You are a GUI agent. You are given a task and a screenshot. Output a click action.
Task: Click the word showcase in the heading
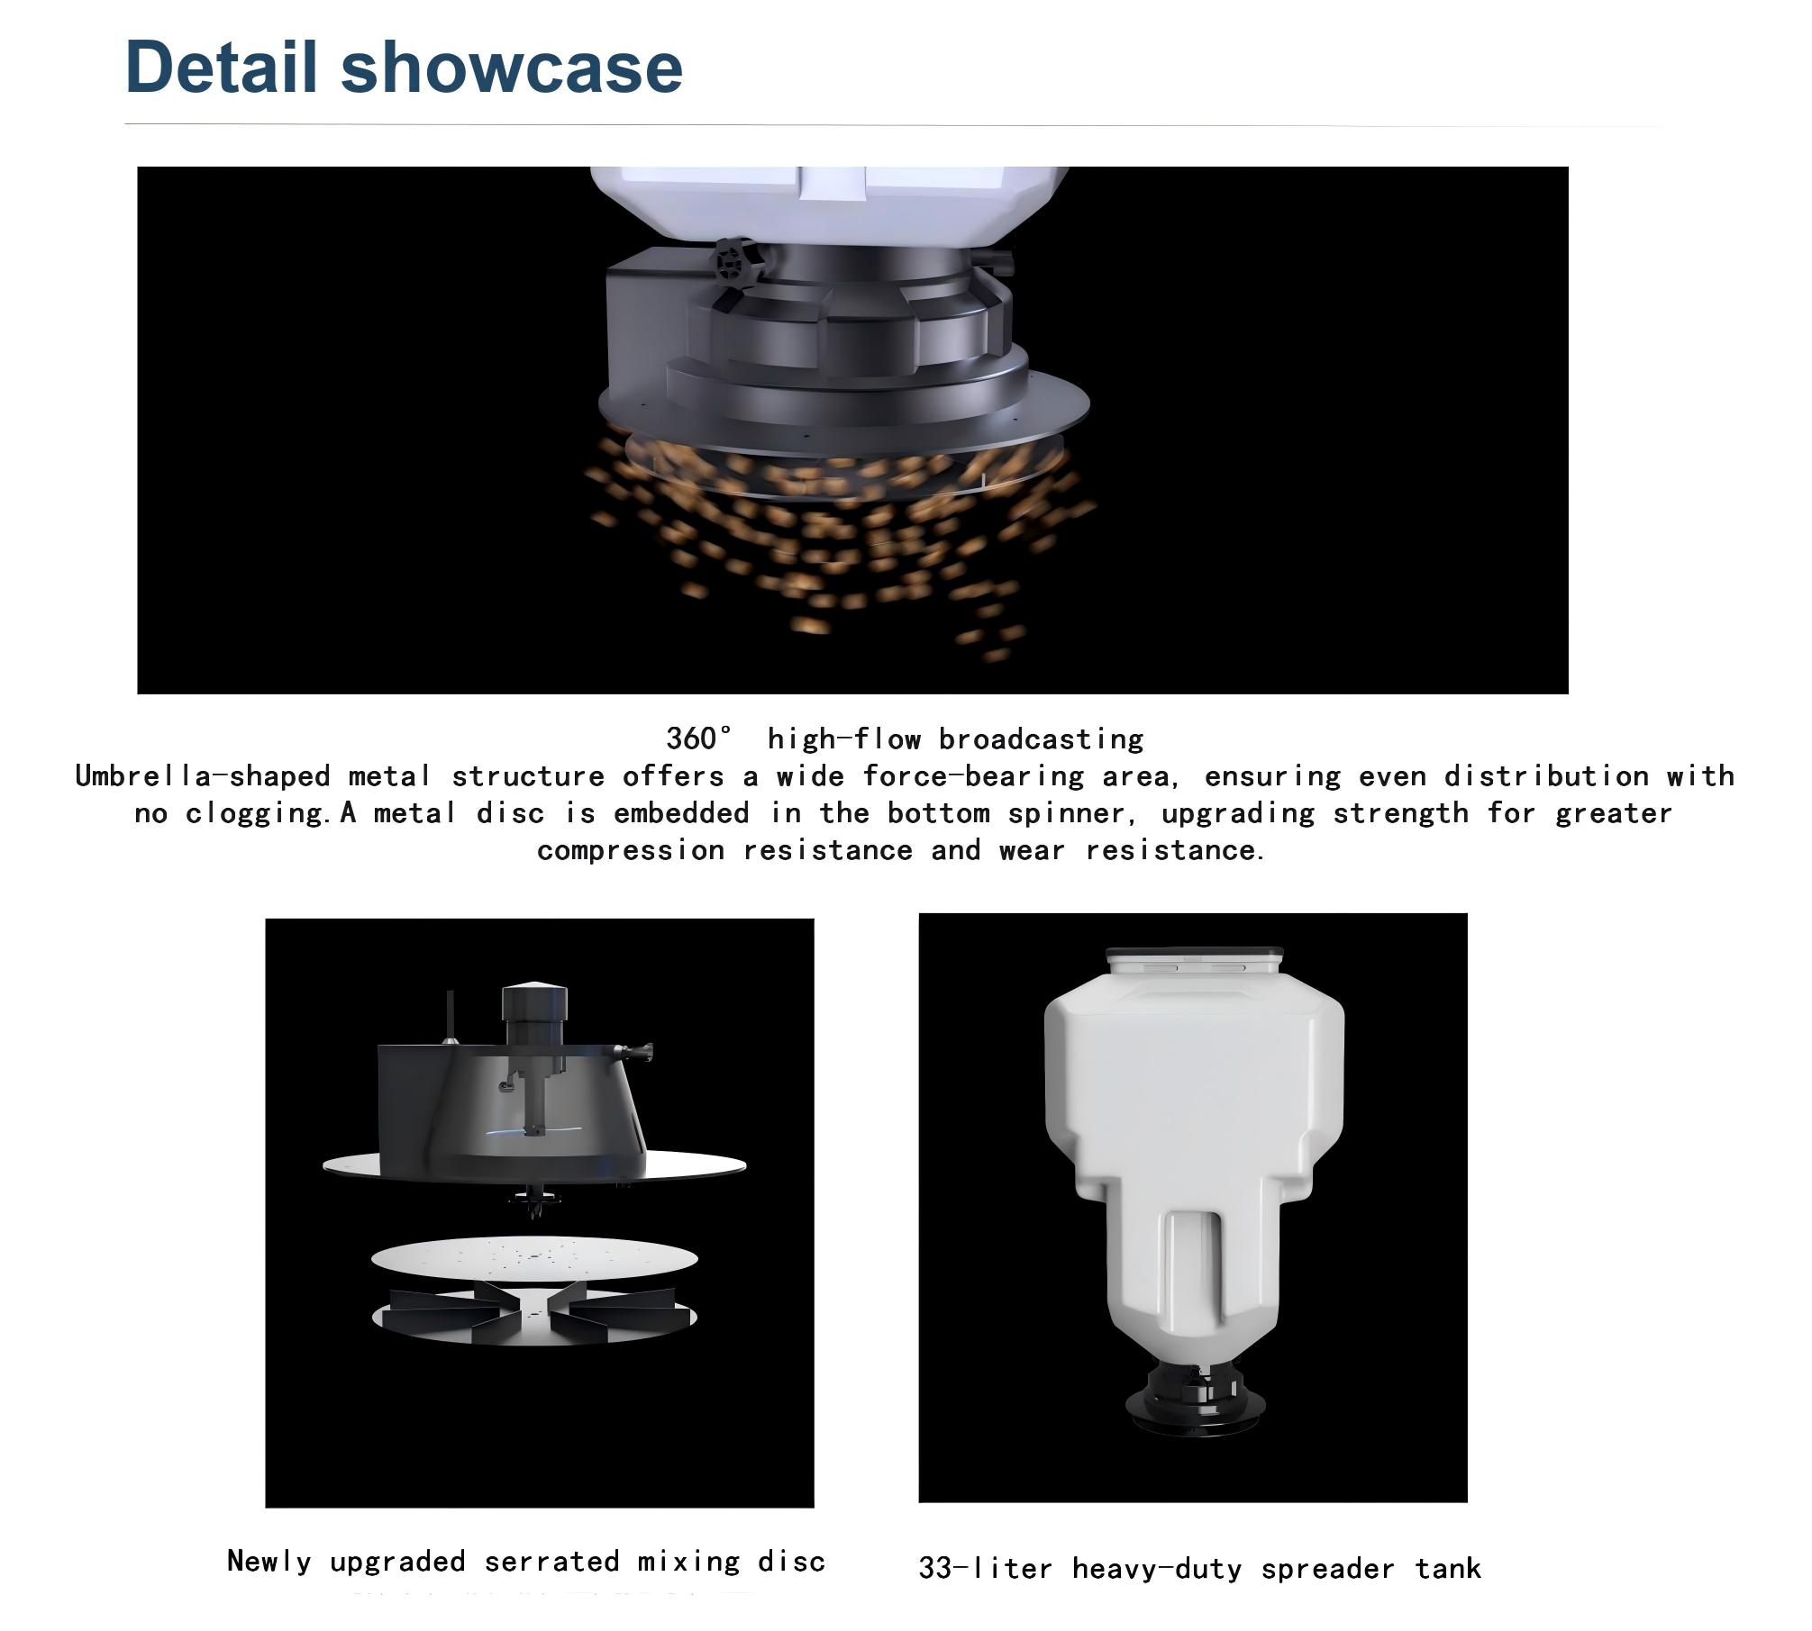click(512, 66)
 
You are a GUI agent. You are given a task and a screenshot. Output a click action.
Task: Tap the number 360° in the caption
click(699, 738)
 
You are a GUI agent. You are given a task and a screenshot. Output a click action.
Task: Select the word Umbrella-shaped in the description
click(203, 776)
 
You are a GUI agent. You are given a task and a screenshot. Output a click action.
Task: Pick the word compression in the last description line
click(631, 850)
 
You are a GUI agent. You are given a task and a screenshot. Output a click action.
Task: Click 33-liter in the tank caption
click(986, 1568)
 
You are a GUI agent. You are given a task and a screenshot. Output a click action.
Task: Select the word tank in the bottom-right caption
click(1448, 1568)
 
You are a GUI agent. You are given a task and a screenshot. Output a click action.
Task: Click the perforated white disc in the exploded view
click(535, 1258)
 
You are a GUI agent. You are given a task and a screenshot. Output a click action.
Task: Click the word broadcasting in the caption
click(1042, 738)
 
